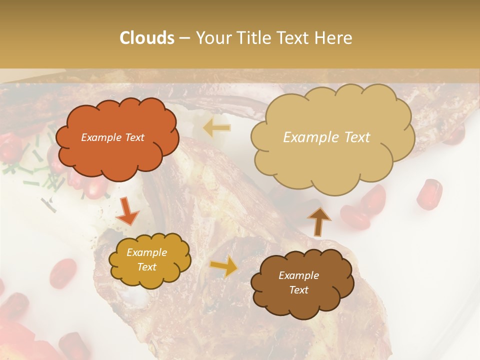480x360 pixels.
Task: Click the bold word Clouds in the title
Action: (147, 37)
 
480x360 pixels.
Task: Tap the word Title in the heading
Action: (251, 37)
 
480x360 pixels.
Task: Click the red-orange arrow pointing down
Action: (127, 212)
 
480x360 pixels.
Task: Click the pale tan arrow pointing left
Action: (216, 128)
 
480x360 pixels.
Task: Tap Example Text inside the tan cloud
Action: (326, 137)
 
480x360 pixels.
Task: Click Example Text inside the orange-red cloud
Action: (112, 137)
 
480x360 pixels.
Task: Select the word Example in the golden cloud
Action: (146, 252)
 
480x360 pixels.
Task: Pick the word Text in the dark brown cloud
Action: (298, 290)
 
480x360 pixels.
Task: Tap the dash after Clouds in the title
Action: (184, 38)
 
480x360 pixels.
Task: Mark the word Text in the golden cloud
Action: (146, 267)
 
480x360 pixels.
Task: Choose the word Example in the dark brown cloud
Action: (298, 275)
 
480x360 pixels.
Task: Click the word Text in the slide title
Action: (293, 37)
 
